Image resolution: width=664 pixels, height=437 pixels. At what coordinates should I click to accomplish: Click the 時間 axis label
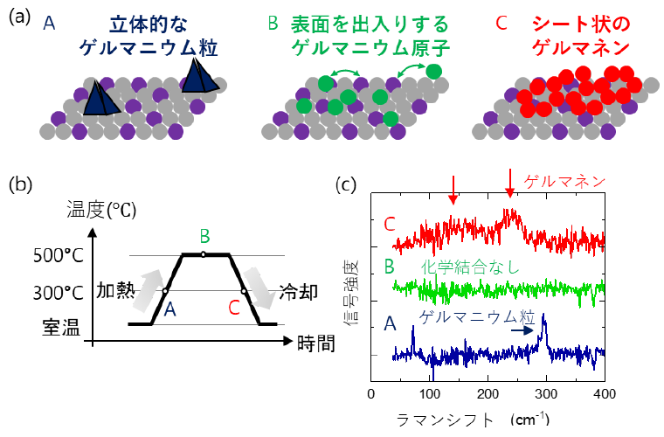tap(315, 343)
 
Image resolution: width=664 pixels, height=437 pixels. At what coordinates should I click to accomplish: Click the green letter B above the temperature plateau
tap(204, 236)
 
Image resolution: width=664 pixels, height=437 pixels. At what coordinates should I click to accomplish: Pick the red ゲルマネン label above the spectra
tap(564, 182)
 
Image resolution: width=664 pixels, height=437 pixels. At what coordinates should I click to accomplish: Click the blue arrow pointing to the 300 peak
tap(522, 330)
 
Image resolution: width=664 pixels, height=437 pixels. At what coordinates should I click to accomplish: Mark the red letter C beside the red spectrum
tap(390, 224)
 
